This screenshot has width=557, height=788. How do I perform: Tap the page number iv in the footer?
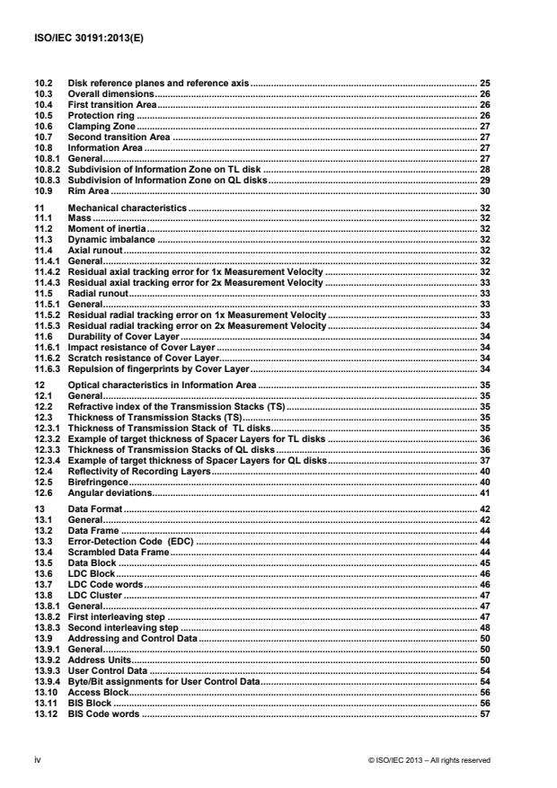tap(37, 759)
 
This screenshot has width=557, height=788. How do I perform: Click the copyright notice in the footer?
tap(429, 759)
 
